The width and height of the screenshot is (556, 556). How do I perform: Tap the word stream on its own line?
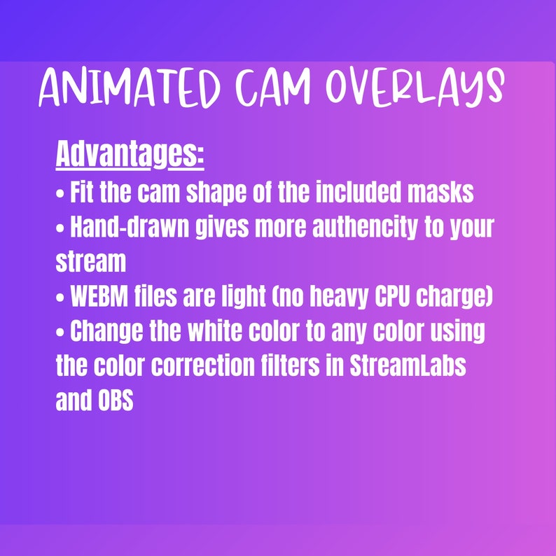91,262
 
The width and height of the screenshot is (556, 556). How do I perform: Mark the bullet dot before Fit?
60,193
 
